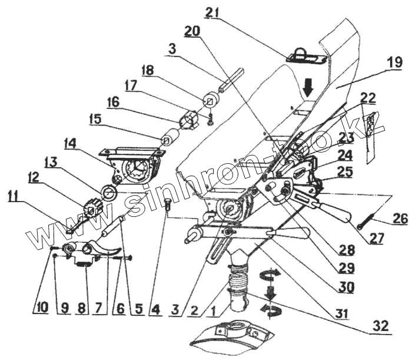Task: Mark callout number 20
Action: [x=192, y=31]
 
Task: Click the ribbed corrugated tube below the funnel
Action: [x=237, y=276]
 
